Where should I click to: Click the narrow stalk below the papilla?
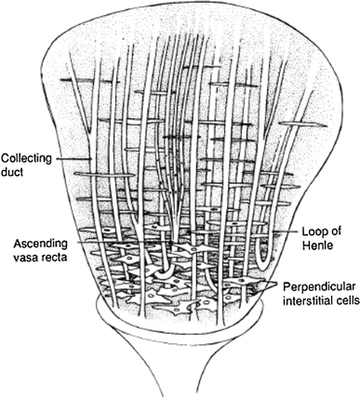pyautogui.click(x=182, y=372)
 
